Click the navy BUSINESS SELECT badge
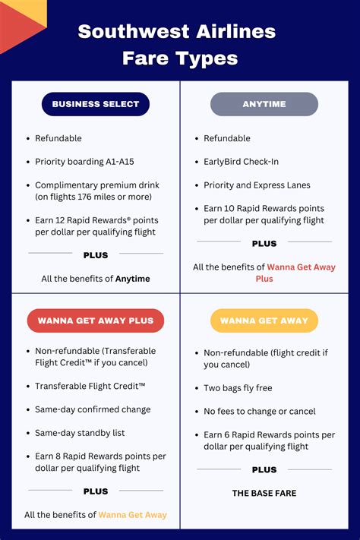tap(96, 104)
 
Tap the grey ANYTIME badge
tap(264, 104)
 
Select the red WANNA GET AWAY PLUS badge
tap(96, 321)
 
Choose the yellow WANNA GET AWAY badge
tap(264, 321)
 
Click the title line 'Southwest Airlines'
tap(177, 32)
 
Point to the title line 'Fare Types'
tap(180, 58)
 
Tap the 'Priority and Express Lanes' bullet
tap(257, 185)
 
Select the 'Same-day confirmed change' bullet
tap(93, 409)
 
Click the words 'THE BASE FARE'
tap(264, 493)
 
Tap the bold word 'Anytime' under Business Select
tap(132, 279)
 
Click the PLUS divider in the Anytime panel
tap(264, 244)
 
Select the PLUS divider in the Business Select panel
tap(96, 255)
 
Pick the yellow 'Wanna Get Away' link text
tap(132, 515)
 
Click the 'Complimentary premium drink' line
tap(93, 185)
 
